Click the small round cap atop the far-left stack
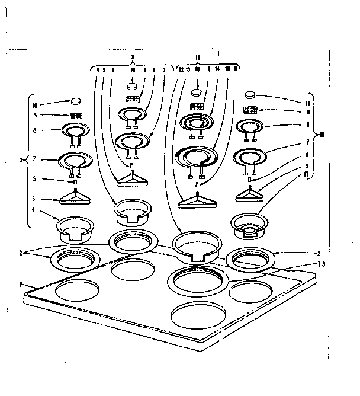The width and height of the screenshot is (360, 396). (75, 102)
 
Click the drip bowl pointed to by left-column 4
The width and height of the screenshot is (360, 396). (75, 228)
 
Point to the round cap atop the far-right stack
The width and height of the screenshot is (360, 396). (251, 94)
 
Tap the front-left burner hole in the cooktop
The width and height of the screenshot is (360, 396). (78, 291)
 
